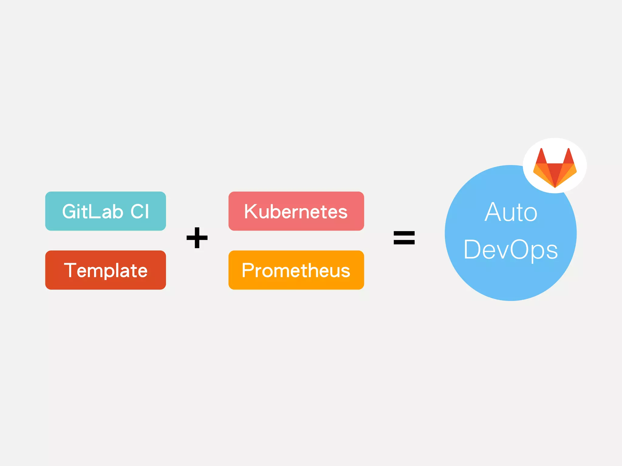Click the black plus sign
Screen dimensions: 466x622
[x=197, y=238]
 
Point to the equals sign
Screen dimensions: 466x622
[x=404, y=238]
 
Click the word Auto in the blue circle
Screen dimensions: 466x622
[x=511, y=212]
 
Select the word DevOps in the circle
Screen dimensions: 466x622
[x=511, y=250]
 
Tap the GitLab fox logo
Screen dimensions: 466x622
[x=555, y=169]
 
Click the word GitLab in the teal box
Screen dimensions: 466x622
[x=92, y=211]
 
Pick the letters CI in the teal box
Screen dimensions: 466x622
[x=140, y=211]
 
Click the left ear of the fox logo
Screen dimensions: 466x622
[x=541, y=157]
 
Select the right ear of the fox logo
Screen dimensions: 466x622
[x=569, y=157]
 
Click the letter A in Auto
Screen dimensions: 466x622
[x=493, y=212]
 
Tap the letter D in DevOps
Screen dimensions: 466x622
[x=473, y=250]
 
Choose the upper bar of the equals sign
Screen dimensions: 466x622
[x=404, y=233]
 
